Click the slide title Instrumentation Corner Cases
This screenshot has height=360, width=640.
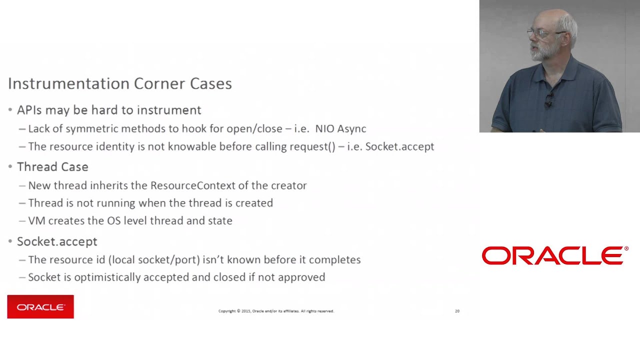tap(119, 83)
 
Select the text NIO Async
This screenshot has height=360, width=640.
tap(340, 128)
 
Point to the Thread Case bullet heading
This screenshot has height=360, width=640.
tap(52, 166)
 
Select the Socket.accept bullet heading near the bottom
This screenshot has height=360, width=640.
tap(57, 241)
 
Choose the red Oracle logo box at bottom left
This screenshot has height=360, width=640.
tap(40, 306)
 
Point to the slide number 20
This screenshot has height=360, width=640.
tap(457, 311)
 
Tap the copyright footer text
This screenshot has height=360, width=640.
tap(276, 311)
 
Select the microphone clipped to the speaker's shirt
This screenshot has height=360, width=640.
tap(548, 101)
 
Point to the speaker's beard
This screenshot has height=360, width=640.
tap(542, 52)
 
